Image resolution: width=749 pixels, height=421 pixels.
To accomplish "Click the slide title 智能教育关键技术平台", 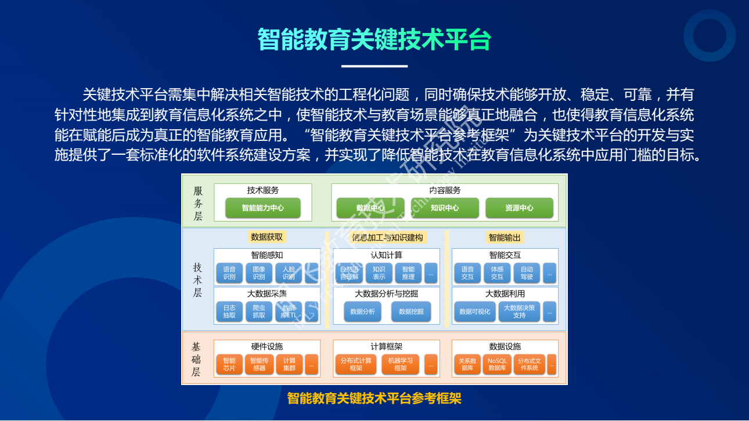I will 375,40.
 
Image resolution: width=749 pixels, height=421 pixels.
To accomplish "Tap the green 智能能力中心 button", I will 263,208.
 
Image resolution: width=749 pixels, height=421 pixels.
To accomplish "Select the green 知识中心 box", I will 445,208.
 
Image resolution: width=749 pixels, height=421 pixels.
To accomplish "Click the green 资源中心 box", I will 519,208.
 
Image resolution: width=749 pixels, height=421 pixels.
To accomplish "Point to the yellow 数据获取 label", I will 267,237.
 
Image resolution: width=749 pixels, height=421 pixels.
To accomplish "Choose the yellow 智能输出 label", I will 505,237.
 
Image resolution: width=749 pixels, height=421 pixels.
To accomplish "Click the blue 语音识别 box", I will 229,273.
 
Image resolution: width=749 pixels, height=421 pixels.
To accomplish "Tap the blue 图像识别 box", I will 259,273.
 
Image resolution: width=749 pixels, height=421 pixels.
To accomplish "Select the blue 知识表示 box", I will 379,273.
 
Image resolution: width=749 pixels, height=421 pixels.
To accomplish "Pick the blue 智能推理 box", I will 408,273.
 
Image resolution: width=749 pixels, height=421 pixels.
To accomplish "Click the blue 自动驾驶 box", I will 527,273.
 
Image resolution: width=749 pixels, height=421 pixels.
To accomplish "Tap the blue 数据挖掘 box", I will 411,311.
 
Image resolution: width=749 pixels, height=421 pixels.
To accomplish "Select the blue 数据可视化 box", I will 475,311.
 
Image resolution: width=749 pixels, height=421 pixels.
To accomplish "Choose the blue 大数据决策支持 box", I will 519,311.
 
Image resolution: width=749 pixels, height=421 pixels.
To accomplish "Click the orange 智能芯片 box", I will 229,364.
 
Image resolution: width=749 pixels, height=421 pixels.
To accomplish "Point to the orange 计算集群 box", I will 289,364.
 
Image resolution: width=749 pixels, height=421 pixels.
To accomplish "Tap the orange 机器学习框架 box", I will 401,364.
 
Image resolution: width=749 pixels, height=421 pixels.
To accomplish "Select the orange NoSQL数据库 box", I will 497,364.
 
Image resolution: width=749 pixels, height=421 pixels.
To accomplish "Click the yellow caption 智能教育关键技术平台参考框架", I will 375,398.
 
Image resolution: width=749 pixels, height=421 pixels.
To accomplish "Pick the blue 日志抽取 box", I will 229,311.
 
